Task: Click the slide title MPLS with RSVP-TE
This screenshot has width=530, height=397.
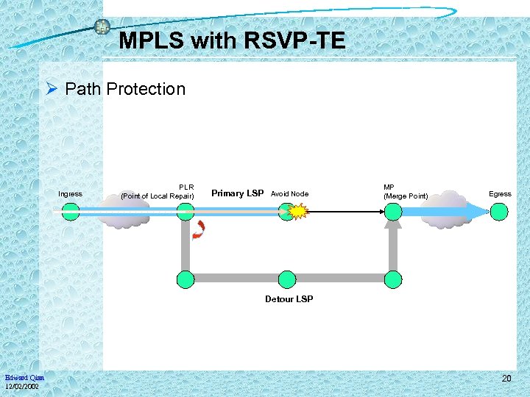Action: pos(232,40)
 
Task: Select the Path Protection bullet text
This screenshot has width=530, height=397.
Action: pos(125,89)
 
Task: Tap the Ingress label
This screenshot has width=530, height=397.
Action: pos(71,194)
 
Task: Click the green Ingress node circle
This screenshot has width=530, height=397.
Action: pos(71,212)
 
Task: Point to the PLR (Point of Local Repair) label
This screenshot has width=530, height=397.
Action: pos(157,191)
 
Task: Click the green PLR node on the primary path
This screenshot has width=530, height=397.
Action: pos(185,212)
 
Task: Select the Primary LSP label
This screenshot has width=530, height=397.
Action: pos(237,193)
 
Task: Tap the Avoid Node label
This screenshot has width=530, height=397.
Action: pos(289,194)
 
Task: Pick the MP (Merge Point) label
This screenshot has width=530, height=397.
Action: pos(405,191)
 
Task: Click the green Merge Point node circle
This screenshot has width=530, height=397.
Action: pos(393,212)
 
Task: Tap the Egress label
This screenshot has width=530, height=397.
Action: pos(500,194)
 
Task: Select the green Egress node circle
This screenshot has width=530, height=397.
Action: pos(500,212)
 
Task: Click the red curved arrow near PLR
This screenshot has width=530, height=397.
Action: pos(199,231)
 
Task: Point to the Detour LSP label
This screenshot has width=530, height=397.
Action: pos(289,299)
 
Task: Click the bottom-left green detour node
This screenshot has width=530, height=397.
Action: pos(185,279)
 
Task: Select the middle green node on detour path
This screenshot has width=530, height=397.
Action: pos(287,279)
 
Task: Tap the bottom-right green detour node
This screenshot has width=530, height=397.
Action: pos(393,279)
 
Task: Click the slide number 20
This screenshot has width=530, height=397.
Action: pos(506,378)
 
